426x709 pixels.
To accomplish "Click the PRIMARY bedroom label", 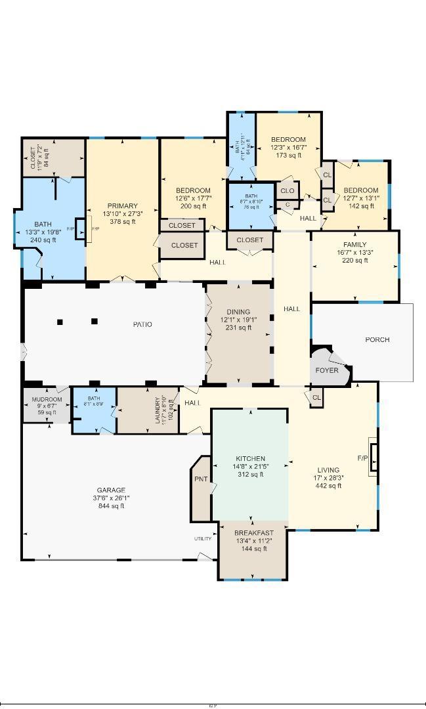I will (123, 205).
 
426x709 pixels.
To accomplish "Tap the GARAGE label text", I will (111, 490).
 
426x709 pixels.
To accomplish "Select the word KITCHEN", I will (251, 459).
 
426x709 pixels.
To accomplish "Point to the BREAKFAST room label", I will (253, 533).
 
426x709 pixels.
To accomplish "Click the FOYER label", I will (327, 370).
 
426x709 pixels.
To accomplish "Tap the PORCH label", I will (377, 339).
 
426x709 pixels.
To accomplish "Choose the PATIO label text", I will (142, 324).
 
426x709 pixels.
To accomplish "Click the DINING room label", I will (238, 312).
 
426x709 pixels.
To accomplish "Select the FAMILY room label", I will (354, 244).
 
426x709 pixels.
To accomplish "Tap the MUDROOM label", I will (47, 399).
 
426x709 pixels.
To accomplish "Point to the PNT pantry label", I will (200, 479).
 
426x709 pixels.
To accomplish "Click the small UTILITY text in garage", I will (202, 539).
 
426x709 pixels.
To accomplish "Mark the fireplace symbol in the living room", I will (373, 458).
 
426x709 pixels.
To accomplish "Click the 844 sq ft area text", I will (111, 506).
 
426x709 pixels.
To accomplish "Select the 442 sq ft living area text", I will (328, 486).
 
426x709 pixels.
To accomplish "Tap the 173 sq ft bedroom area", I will (288, 156).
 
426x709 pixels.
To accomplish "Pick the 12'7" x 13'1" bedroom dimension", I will (361, 198).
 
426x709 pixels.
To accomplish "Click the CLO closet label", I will (287, 191).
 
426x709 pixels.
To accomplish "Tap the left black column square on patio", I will (60, 322).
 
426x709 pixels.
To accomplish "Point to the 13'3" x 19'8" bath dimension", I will (43, 232).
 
